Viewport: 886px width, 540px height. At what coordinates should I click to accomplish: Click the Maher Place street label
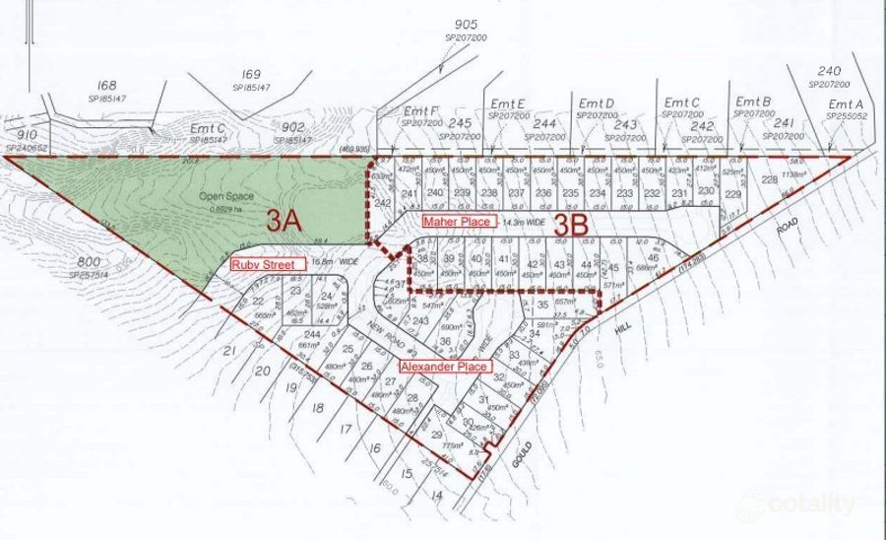(x=457, y=222)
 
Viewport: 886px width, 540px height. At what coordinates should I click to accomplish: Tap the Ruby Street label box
(x=262, y=264)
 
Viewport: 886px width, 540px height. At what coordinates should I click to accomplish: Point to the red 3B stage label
(x=570, y=224)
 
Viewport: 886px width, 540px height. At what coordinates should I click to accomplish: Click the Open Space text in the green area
(x=221, y=195)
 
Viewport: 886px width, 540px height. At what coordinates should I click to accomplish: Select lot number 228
(x=768, y=179)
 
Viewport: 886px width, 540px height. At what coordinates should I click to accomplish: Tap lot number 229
(x=732, y=194)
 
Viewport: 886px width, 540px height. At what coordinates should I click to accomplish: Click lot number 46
(x=653, y=259)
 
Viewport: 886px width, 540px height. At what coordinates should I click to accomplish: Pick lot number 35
(x=542, y=305)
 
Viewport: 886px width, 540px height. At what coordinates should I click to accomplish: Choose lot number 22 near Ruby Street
(x=258, y=301)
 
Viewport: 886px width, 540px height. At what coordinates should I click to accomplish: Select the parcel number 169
(x=251, y=74)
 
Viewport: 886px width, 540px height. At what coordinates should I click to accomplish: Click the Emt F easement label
(x=420, y=111)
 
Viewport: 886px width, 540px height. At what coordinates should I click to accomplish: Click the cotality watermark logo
(x=810, y=504)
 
